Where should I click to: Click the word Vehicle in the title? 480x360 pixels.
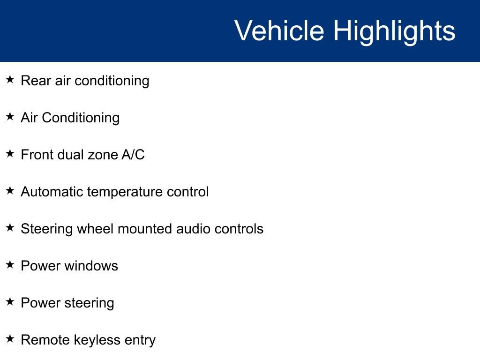coord(279,30)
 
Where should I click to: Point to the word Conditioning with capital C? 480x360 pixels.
coord(81,118)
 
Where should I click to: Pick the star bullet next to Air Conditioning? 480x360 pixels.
coord(10,116)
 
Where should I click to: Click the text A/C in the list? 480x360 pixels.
coord(133,155)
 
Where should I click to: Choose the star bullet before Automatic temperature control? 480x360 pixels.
coord(10,190)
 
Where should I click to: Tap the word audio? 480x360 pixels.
coord(193,229)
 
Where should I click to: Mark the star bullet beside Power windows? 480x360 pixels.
coord(10,264)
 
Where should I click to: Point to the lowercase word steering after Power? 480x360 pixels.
coord(89,304)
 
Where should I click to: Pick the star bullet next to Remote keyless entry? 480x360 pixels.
coord(10,338)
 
